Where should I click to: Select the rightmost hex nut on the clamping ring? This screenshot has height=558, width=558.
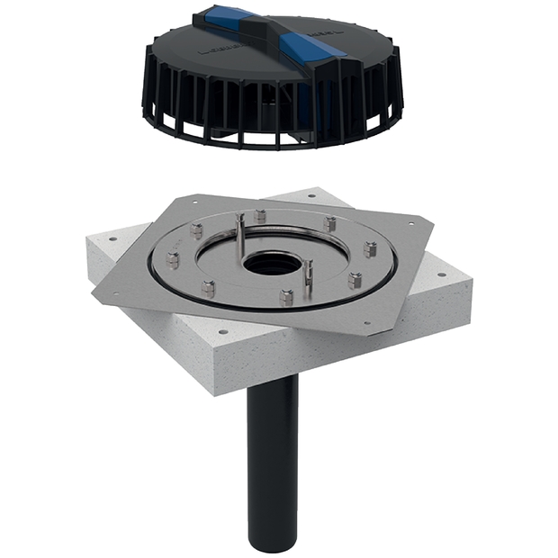click(369, 249)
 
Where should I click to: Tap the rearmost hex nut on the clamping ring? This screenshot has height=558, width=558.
click(260, 216)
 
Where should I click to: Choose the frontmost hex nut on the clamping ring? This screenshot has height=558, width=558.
click(285, 298)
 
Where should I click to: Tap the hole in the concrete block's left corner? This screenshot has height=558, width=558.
click(112, 240)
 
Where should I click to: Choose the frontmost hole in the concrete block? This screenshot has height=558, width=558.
click(223, 332)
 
